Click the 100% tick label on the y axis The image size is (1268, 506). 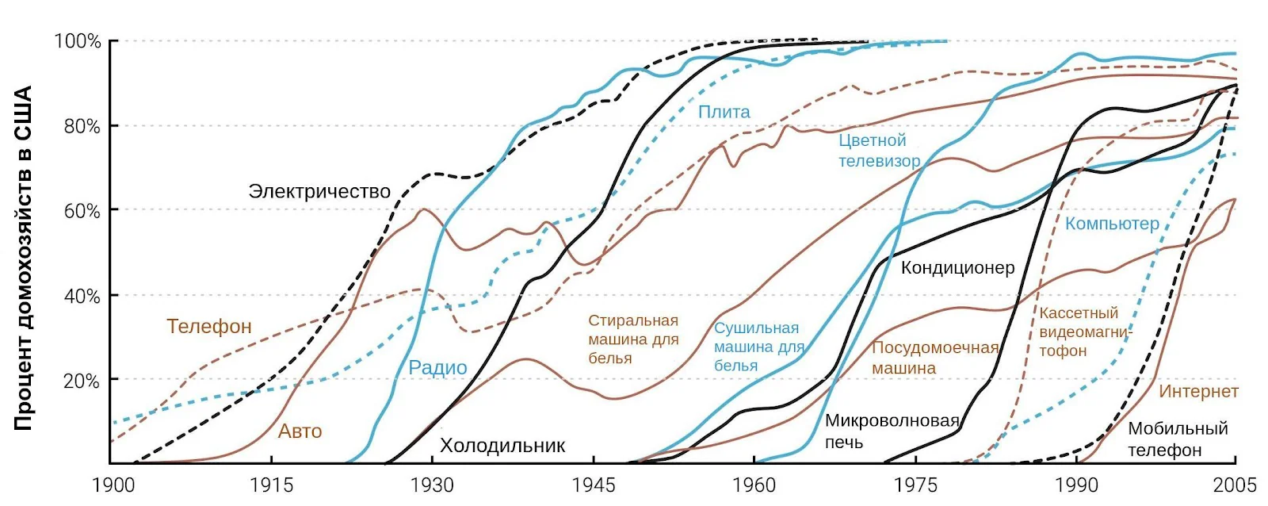click(77, 41)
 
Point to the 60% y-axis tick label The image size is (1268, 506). click(82, 211)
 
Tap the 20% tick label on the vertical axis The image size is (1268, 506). click(82, 381)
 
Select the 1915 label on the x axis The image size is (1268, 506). click(272, 485)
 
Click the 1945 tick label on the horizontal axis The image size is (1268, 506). click(594, 485)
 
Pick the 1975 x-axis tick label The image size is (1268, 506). click(915, 485)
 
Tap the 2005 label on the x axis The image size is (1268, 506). click(1236, 485)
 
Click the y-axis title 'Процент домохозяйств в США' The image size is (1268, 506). click(23, 258)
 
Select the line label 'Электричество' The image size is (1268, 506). click(319, 191)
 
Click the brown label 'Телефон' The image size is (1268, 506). click(209, 327)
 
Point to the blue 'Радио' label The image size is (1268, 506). click(437, 368)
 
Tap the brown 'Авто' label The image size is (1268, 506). click(300, 431)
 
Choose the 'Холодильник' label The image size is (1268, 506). click(502, 446)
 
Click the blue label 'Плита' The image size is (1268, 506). click(724, 112)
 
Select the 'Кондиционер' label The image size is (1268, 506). click(958, 267)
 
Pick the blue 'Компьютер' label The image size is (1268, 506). click(1113, 224)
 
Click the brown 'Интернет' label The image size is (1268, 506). click(1198, 391)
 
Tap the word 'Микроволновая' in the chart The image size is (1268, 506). click(892, 420)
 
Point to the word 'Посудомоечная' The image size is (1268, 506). click(935, 347)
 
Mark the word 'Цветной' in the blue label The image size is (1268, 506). click(873, 140)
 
